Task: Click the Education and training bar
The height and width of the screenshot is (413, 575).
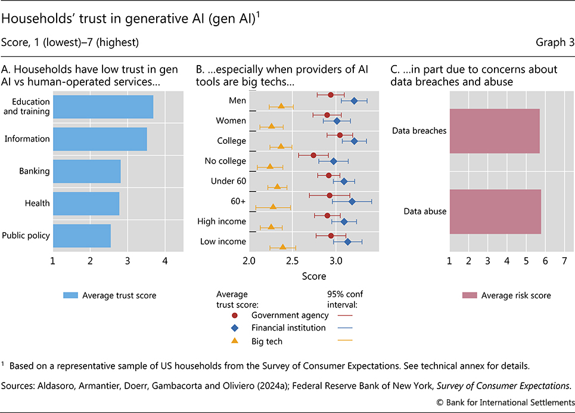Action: (102, 107)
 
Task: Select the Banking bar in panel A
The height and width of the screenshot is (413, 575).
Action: (86, 171)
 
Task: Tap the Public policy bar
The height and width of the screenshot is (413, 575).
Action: (82, 235)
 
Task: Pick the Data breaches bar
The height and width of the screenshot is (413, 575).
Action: (495, 131)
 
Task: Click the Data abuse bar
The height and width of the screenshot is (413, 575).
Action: (495, 211)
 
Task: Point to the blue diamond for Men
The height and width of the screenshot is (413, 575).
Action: (354, 101)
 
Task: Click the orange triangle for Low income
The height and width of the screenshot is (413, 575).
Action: (282, 246)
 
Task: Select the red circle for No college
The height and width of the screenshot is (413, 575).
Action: (313, 155)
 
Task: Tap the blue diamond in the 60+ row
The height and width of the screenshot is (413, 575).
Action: (352, 201)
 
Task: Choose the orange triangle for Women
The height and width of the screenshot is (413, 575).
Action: (271, 126)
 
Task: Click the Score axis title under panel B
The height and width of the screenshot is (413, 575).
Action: (313, 276)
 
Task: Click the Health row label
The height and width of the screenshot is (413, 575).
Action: (38, 204)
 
